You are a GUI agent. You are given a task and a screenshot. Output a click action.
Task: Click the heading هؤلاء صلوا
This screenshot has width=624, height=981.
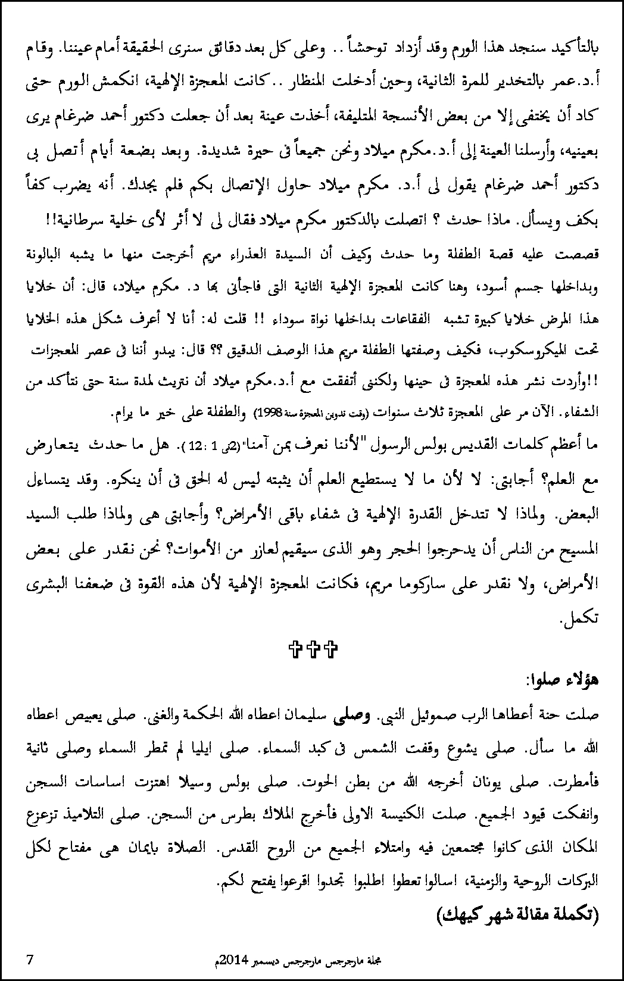click(563, 680)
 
